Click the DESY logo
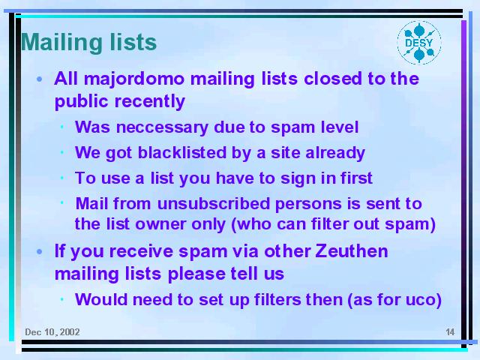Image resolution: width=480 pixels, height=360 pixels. point(419,43)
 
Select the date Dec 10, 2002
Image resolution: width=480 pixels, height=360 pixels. point(52,332)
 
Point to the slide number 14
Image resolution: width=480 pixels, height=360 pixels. point(450,332)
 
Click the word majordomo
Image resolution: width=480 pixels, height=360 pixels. point(134,79)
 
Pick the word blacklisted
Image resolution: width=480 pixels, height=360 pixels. point(181,152)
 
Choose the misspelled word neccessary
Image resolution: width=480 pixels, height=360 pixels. point(162,127)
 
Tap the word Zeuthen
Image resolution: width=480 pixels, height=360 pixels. point(352,251)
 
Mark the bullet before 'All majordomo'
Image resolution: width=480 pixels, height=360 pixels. point(40,79)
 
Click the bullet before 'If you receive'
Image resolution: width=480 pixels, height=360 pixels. point(40,252)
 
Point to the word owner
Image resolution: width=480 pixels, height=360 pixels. point(160,224)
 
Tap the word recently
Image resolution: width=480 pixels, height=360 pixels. point(150,102)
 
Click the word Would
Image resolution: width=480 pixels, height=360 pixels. point(101,299)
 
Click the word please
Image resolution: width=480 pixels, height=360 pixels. point(195,274)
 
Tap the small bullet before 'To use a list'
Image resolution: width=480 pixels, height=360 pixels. point(62,178)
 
